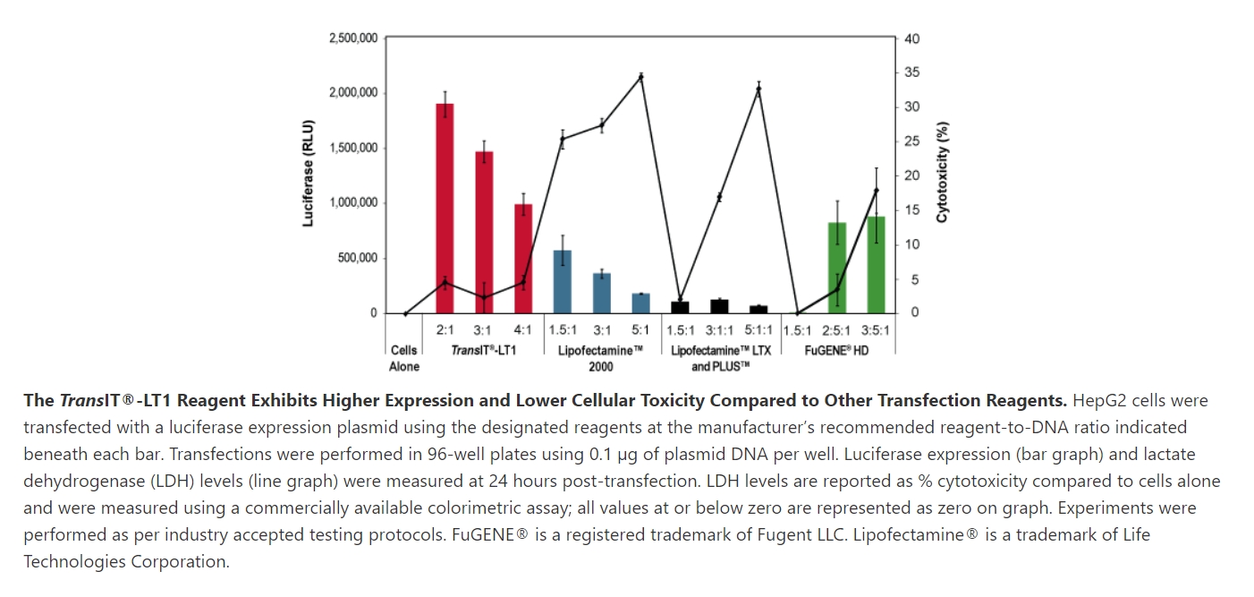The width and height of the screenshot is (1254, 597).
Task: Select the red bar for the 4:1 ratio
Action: click(x=523, y=259)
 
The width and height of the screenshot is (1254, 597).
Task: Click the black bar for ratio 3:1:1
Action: click(x=719, y=306)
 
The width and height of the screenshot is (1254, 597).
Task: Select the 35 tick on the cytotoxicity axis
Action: click(x=912, y=72)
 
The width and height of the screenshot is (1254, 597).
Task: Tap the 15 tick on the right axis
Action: click(x=912, y=210)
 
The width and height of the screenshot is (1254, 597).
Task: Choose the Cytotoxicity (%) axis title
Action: click(x=942, y=173)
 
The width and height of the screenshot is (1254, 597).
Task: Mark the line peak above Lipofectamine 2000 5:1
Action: click(x=640, y=77)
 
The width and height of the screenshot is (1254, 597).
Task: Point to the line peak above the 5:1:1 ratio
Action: click(x=758, y=90)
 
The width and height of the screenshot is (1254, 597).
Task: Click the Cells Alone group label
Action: click(x=404, y=358)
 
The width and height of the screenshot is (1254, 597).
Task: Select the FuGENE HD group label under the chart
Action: click(x=836, y=351)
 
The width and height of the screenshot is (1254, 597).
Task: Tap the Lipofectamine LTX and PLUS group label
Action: click(x=719, y=358)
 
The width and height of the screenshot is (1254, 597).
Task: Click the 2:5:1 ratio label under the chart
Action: click(x=836, y=330)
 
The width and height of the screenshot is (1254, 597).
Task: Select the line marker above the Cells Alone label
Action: click(x=405, y=313)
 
